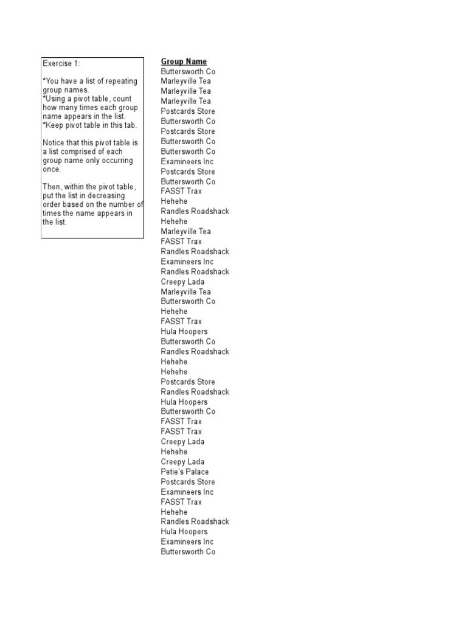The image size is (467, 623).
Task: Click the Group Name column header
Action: (x=184, y=61)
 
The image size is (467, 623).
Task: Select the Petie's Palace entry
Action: (x=184, y=472)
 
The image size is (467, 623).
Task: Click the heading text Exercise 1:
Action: (x=61, y=63)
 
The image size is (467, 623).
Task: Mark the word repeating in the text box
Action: (x=103, y=81)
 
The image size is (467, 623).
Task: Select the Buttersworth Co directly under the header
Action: (x=188, y=71)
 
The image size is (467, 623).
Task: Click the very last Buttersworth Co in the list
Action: (x=188, y=552)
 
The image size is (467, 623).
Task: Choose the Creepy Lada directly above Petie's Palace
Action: (x=182, y=462)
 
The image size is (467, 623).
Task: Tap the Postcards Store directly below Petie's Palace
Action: (x=187, y=482)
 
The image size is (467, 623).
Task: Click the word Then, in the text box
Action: (x=52, y=186)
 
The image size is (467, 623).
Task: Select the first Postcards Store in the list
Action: (x=187, y=111)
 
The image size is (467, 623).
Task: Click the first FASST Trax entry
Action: (x=181, y=191)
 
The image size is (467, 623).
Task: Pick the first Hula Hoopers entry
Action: (x=184, y=332)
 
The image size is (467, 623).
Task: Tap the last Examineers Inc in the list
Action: (x=187, y=541)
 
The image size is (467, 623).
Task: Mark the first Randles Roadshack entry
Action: (x=195, y=211)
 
